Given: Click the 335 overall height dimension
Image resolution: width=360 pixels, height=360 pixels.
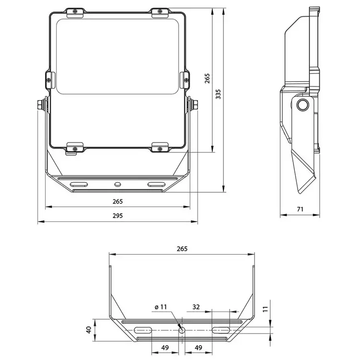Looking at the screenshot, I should (x=218, y=94).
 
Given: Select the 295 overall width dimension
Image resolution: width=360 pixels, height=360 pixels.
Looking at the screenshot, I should (x=118, y=216).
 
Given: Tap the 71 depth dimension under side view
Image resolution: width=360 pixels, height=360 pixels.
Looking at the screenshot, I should (x=300, y=209).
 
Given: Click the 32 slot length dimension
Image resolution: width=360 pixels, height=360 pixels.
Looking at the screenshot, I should (x=196, y=306).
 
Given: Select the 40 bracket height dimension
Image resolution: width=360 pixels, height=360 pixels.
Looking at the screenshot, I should (x=88, y=330).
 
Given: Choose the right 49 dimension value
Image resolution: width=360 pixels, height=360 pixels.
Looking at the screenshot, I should (x=196, y=347).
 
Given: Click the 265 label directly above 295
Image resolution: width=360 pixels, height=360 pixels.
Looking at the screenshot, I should (x=118, y=201).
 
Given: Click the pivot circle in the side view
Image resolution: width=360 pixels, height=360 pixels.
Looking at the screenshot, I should (x=302, y=105).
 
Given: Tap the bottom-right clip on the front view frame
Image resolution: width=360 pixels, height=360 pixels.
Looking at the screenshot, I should (x=160, y=147).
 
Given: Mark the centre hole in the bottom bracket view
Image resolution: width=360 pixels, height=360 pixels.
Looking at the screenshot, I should (x=182, y=330).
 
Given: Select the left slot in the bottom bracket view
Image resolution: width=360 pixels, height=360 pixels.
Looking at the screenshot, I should (x=144, y=330).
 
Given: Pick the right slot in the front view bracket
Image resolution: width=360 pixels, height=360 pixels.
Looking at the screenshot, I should (x=155, y=184).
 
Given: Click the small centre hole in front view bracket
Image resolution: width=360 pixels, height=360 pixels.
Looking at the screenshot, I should (x=118, y=184).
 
